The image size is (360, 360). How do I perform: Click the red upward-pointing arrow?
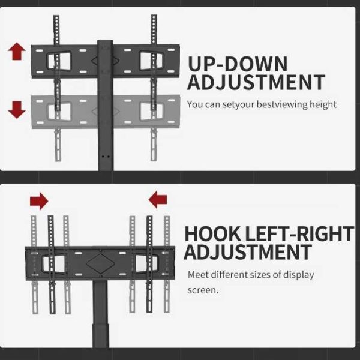17,52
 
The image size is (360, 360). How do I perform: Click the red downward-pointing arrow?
17,110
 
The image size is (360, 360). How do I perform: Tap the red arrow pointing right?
39,201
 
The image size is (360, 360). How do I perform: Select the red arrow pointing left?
158,199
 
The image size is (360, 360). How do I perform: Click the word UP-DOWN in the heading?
238,64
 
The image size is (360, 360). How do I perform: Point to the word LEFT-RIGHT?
299,234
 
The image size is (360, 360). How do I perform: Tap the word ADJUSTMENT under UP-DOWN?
256,82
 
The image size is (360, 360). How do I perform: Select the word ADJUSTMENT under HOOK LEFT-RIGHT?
247,252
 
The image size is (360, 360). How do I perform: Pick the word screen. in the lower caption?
203,290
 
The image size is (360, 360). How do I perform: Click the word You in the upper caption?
194,104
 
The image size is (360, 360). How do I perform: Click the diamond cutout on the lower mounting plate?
101,263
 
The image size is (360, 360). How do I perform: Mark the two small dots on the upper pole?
106,157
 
